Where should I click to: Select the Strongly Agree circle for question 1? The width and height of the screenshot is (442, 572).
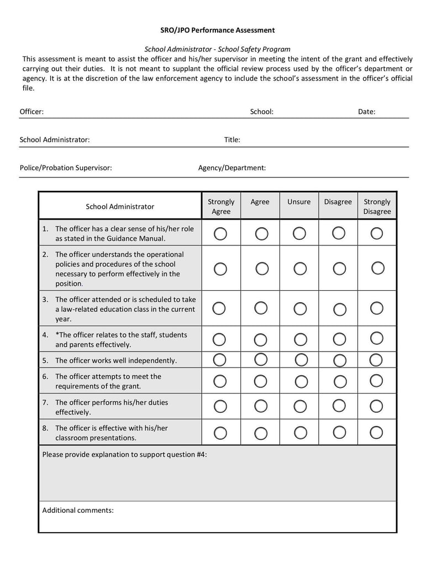point(220,234)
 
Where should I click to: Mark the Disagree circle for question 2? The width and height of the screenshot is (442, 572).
point(339,269)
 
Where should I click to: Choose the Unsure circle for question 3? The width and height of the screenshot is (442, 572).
point(300,308)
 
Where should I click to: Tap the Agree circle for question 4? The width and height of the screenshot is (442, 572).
point(261,339)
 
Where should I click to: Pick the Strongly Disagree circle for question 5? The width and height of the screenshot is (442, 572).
point(376,360)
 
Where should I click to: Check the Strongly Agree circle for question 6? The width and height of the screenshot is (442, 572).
point(220,381)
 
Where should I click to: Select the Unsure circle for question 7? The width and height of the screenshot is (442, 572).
point(300,406)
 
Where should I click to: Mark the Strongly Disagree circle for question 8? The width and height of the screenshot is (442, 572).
point(376,432)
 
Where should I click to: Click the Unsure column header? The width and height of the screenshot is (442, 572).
point(299,202)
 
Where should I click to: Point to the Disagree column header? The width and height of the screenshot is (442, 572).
point(338,202)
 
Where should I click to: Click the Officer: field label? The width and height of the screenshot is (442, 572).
point(31,112)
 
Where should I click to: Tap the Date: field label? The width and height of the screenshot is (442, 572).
point(366,112)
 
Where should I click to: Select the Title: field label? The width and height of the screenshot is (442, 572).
point(232,140)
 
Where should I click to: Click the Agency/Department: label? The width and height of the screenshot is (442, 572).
point(232,167)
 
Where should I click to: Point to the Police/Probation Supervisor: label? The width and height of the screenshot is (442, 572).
point(66,167)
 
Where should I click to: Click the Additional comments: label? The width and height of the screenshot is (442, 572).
point(78,510)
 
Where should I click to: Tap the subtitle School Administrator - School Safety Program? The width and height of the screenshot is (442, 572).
point(217,49)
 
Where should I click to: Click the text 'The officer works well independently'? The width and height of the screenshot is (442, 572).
point(116,360)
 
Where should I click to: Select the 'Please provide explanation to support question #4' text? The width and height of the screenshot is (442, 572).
point(124,454)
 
